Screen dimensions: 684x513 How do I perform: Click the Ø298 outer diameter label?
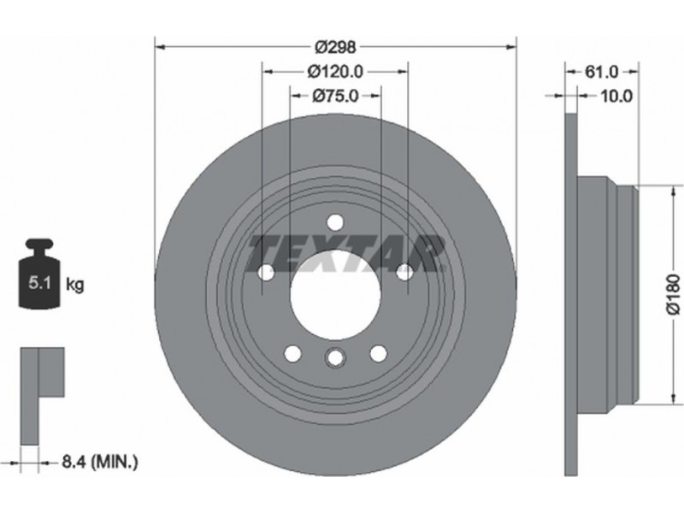pos(335,47)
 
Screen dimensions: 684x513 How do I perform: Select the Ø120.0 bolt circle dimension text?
pos(335,72)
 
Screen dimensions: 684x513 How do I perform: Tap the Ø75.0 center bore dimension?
pos(335,96)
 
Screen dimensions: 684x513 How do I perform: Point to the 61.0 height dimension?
pos(602,72)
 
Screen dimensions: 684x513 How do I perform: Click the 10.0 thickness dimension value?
pos(616,96)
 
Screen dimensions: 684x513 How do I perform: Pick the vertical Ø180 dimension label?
pos(674,294)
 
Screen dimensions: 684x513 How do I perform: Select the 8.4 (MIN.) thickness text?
pos(100,462)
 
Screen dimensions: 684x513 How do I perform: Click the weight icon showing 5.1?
pos(39,274)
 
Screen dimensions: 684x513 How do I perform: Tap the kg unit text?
pos(74,285)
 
